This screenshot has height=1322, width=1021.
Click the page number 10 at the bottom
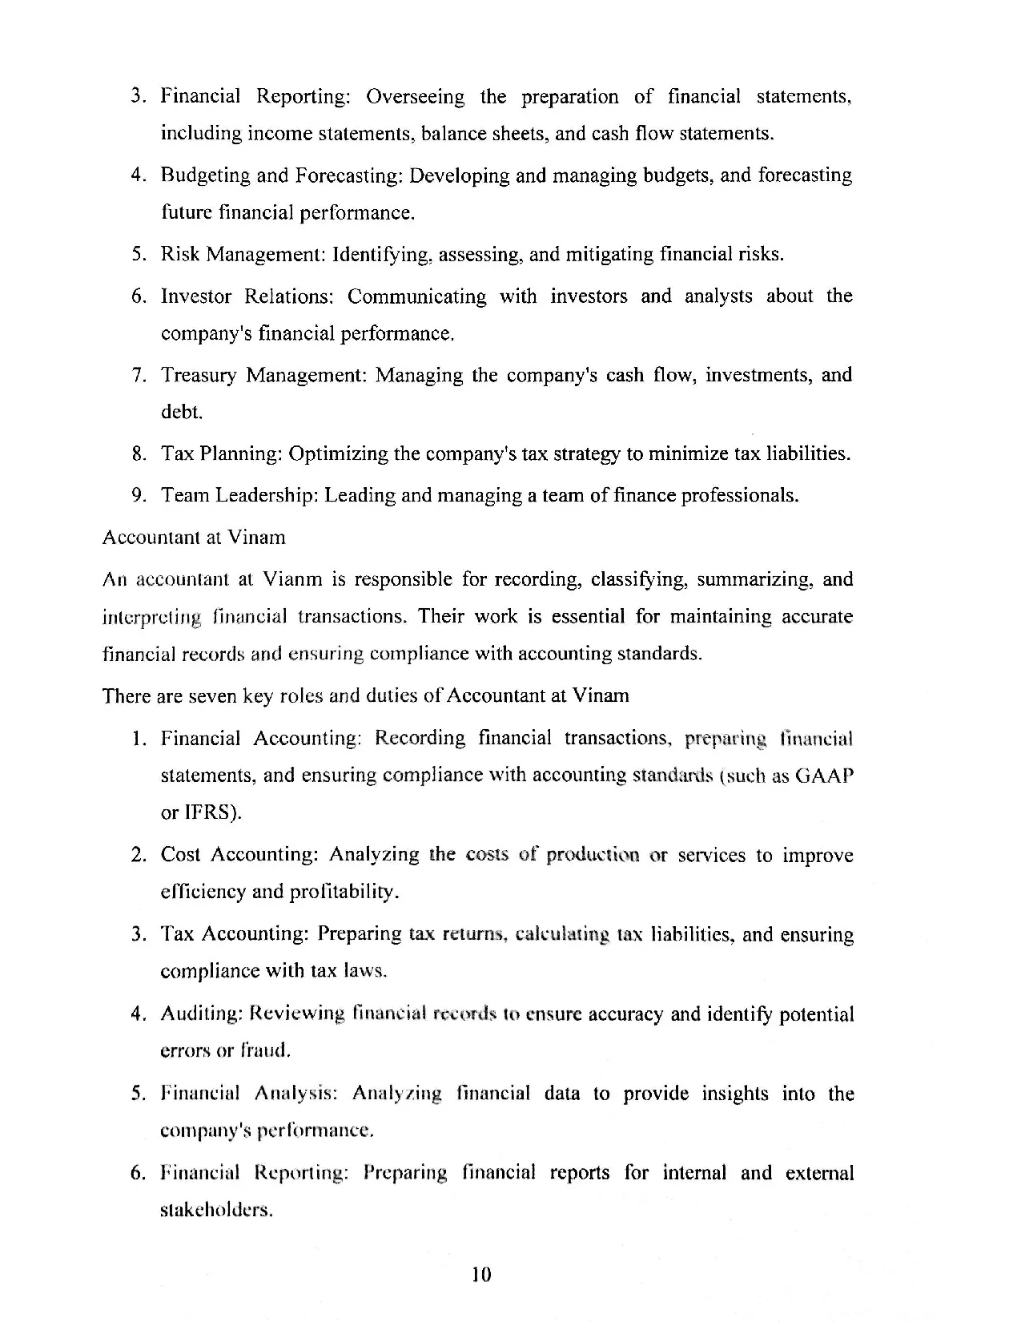pyautogui.click(x=481, y=1274)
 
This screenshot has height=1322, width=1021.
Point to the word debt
pyautogui.click(x=181, y=412)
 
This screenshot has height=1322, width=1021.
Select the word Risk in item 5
pyautogui.click(x=180, y=255)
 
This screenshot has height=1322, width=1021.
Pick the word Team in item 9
pyautogui.click(x=185, y=495)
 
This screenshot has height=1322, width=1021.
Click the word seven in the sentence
pyautogui.click(x=211, y=695)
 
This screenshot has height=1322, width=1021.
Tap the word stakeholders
pyautogui.click(x=216, y=1210)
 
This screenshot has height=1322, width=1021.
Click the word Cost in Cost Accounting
pyautogui.click(x=180, y=855)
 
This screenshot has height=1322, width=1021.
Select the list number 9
pyautogui.click(x=139, y=495)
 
